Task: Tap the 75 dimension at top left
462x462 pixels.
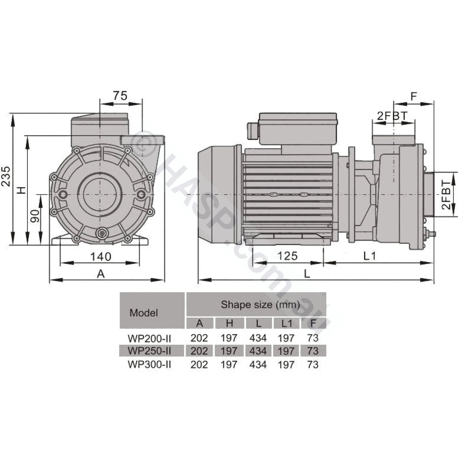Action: point(120,96)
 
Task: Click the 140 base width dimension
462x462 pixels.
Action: point(100,256)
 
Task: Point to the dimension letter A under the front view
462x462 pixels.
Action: point(100,274)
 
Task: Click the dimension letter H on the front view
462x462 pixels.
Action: point(22,189)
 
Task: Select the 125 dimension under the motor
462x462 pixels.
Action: point(287,256)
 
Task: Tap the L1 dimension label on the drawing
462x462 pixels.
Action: point(369,256)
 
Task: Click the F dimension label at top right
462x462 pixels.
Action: point(414,96)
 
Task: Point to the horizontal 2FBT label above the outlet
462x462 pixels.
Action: point(392,116)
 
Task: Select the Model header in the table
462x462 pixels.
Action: point(143,313)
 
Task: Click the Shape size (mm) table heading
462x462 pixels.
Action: point(260,304)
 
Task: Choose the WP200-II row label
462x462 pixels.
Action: point(149,338)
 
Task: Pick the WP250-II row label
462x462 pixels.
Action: point(149,350)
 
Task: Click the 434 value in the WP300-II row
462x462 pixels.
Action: point(258,365)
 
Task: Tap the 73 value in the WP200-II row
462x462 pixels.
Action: point(312,338)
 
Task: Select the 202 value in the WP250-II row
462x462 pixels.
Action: point(199,350)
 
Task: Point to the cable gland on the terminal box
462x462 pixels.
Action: point(252,131)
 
